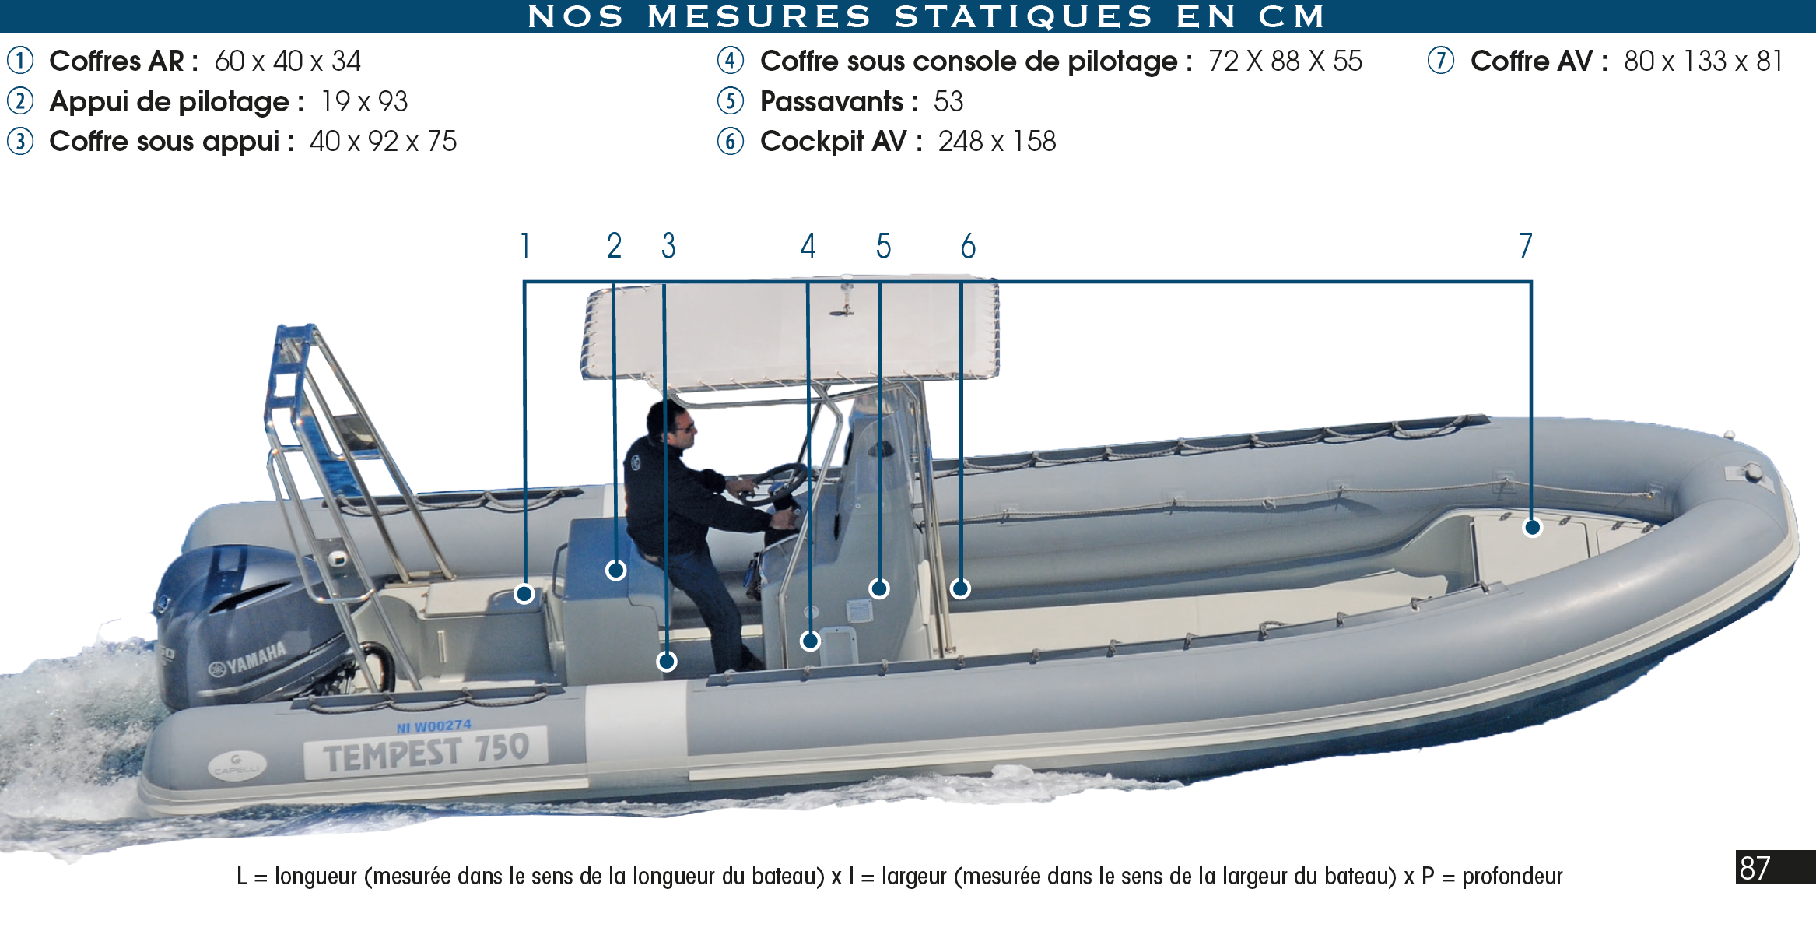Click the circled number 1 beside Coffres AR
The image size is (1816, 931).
pyautogui.click(x=20, y=61)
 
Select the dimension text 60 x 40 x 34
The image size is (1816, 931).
pyautogui.click(x=287, y=61)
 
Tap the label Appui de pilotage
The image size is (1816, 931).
pyautogui.click(x=169, y=101)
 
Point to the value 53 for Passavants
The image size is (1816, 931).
pyautogui.click(x=948, y=101)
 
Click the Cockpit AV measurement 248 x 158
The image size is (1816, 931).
pyautogui.click(x=997, y=141)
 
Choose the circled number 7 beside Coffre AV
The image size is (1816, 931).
pyautogui.click(x=1441, y=61)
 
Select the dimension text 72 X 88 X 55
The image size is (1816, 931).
pyautogui.click(x=1285, y=61)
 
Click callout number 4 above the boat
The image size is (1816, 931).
pyautogui.click(x=808, y=246)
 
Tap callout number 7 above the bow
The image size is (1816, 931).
pyautogui.click(x=1526, y=246)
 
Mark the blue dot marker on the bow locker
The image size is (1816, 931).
pyautogui.click(x=1532, y=528)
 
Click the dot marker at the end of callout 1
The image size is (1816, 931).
pyautogui.click(x=524, y=594)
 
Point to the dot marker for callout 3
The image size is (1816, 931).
pyautogui.click(x=666, y=661)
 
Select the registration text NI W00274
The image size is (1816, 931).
pyautogui.click(x=434, y=726)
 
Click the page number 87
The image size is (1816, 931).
pyautogui.click(x=1755, y=867)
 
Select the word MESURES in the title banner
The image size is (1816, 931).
pyautogui.click(x=759, y=16)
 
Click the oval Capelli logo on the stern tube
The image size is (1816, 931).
pyautogui.click(x=237, y=766)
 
